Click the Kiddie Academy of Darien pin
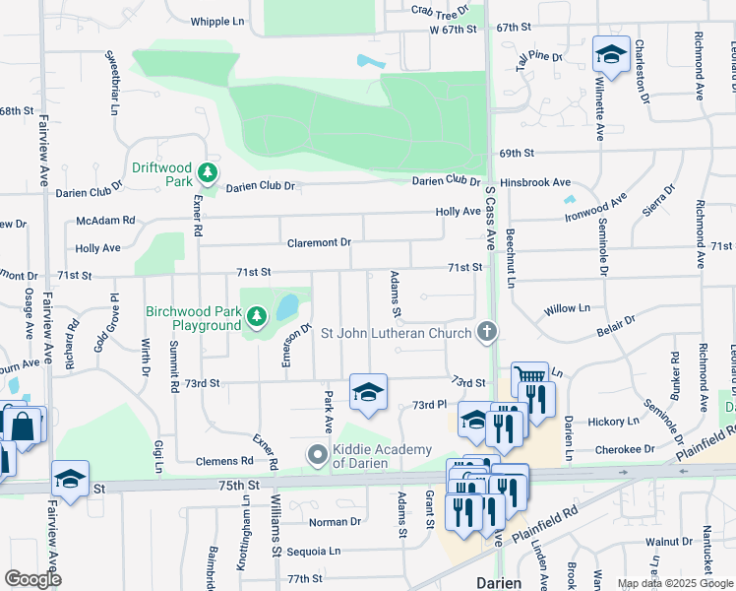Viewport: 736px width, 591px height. coord(317,456)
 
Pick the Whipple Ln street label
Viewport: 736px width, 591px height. coord(217,21)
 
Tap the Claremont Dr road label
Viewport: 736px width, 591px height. coord(319,242)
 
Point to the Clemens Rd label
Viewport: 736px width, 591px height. coord(225,460)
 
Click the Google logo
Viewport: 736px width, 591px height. coord(32,579)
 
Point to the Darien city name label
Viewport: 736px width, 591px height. coord(499,582)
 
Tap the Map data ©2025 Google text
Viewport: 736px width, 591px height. coord(674,583)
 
